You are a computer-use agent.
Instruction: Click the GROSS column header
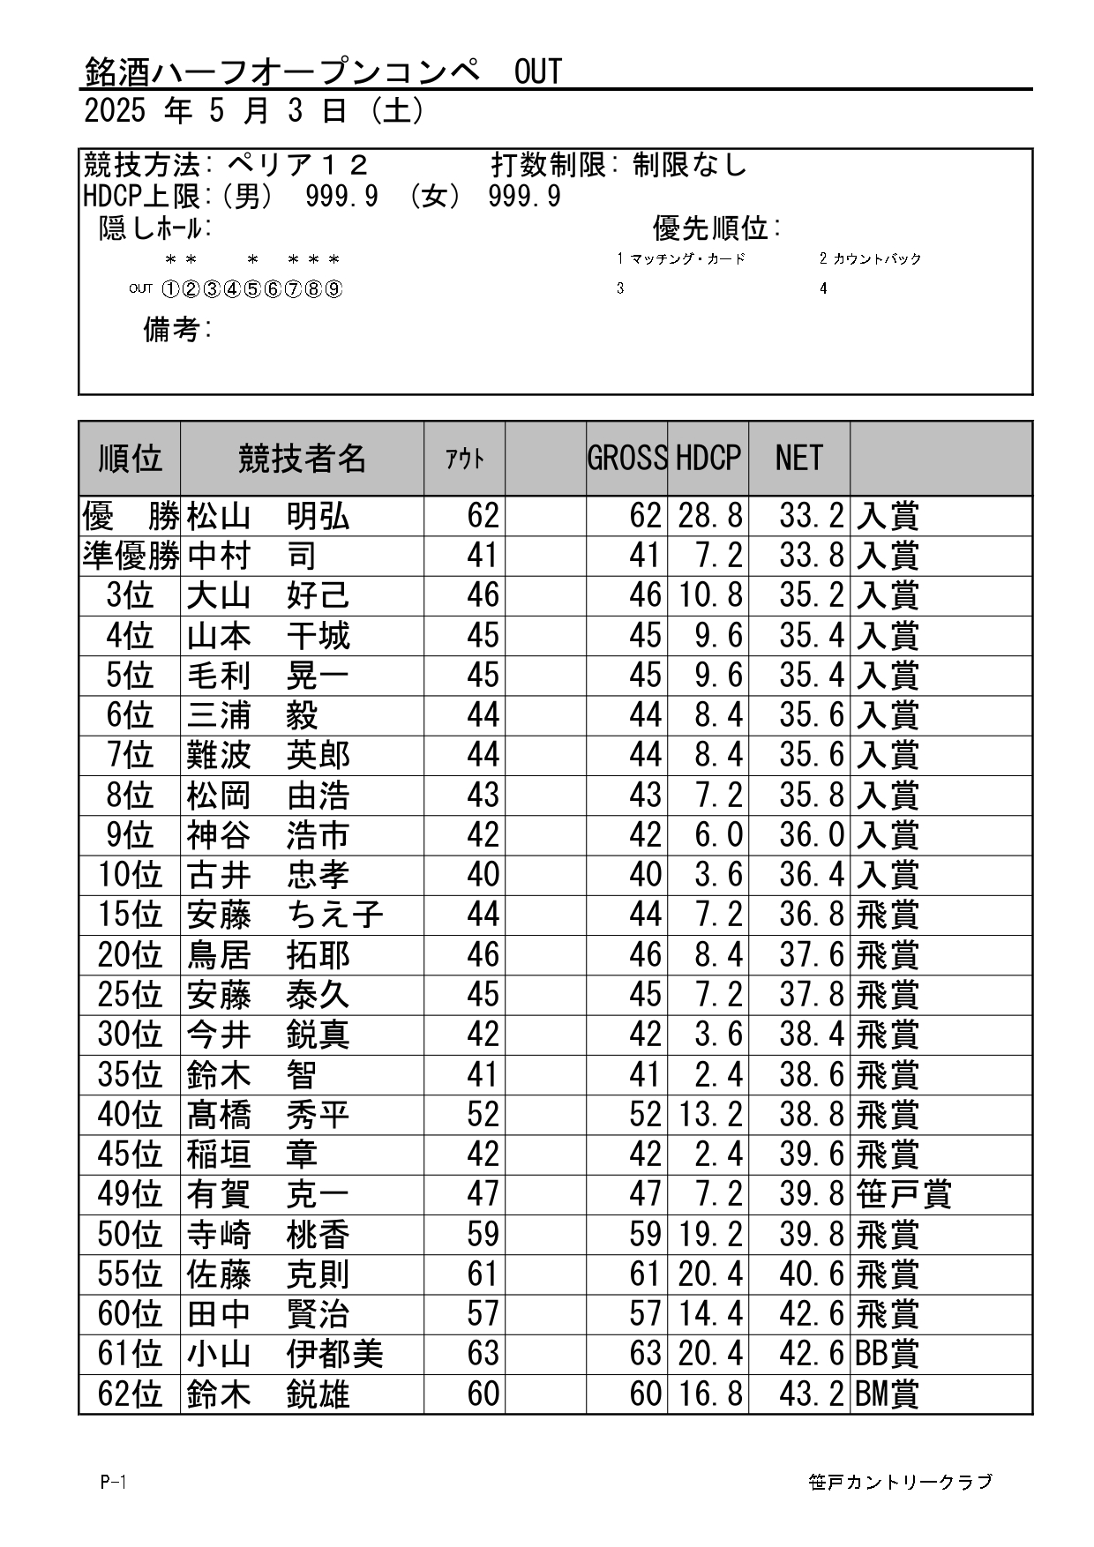click(626, 458)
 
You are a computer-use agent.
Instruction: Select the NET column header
click(798, 458)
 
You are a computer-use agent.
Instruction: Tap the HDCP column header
click(708, 458)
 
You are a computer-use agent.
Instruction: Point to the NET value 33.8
click(811, 556)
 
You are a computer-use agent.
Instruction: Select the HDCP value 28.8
click(709, 516)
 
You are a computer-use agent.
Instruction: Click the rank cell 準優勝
click(130, 556)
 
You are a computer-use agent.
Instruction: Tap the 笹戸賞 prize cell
click(903, 1195)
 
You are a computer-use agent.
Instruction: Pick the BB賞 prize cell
click(888, 1354)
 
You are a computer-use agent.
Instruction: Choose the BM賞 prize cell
click(888, 1394)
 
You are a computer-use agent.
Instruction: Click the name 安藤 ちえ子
click(284, 915)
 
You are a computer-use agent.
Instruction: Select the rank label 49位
click(130, 1195)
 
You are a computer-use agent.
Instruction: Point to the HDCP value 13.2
click(709, 1115)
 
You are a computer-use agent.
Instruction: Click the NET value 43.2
click(811, 1394)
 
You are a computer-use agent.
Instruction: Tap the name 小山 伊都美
click(284, 1354)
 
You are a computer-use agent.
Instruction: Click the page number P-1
click(113, 1482)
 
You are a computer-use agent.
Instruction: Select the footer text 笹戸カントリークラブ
click(900, 1482)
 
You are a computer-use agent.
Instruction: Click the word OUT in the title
click(537, 71)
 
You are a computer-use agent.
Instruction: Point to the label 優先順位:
click(716, 228)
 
